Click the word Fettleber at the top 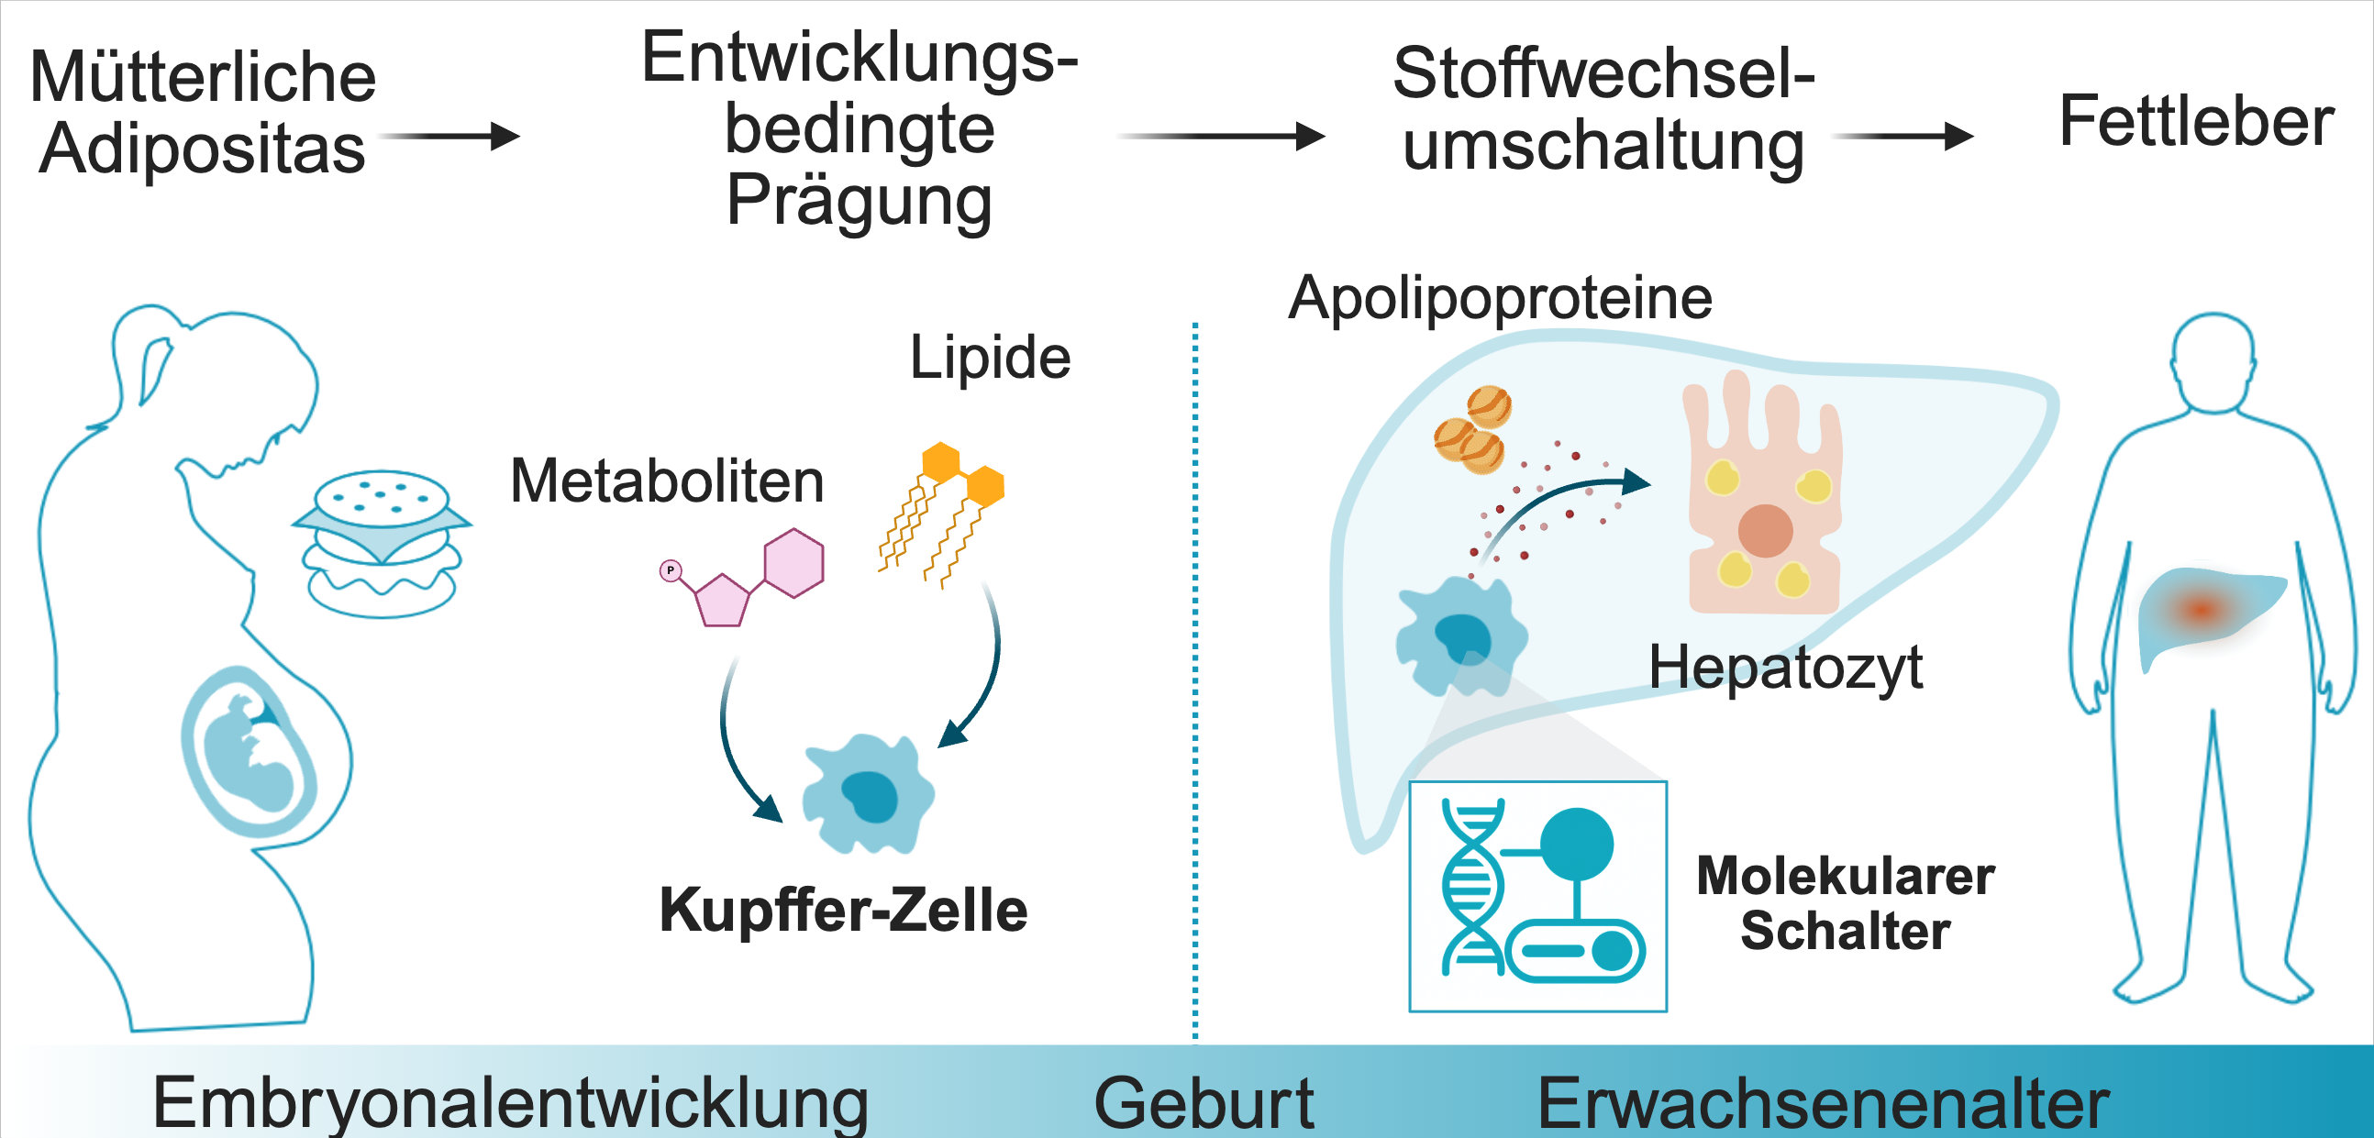[2195, 122]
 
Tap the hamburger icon [382, 544]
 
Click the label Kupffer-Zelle [843, 911]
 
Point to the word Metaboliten [666, 481]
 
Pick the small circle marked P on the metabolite [670, 570]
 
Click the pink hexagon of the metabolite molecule [793, 563]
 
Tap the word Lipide [990, 358]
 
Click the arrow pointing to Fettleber [1903, 137]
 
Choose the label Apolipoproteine [1500, 299]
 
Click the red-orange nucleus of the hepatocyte [1765, 531]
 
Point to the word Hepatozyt [1785, 668]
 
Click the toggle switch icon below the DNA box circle [1576, 950]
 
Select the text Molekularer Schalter [1845, 903]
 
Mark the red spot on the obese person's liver [2202, 609]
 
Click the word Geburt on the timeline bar [1203, 1102]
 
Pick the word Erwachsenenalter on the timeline [1823, 1102]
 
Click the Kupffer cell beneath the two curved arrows [868, 793]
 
